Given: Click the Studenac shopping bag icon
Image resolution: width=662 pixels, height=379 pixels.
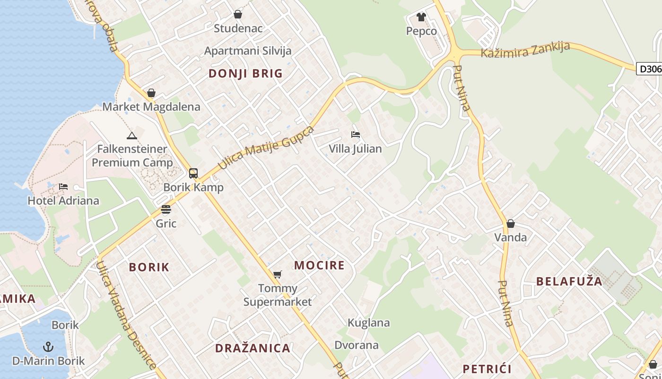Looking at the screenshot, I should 238,15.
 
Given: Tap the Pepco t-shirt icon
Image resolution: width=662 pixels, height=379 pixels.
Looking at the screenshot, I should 421,17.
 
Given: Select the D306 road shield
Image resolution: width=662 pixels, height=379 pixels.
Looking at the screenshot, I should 649,69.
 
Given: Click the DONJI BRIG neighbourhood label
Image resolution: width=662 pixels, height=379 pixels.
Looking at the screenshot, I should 245,73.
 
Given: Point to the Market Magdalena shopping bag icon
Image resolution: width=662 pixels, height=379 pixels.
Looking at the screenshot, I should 151,93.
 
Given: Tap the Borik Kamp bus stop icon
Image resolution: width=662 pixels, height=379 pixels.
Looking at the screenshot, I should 193,173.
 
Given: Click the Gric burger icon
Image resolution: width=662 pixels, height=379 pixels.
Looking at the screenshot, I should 166,209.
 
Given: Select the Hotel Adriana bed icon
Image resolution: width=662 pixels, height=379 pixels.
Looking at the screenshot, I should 63,187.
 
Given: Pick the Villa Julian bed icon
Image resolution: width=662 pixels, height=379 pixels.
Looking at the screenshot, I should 356,135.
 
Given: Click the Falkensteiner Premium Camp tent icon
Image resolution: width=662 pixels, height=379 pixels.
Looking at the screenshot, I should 132,136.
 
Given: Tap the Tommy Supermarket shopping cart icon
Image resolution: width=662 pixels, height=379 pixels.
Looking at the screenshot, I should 278,274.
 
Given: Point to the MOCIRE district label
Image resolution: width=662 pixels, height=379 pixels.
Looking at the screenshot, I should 320,265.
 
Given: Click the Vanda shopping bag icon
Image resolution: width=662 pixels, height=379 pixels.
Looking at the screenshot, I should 511,224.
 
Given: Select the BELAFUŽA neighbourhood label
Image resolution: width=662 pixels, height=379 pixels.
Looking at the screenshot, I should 569,281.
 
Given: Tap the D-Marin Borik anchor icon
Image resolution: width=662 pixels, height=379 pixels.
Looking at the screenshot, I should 48,347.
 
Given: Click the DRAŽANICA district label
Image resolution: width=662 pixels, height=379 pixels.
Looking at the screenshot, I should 253,348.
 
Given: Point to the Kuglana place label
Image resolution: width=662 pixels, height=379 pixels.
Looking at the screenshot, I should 369,323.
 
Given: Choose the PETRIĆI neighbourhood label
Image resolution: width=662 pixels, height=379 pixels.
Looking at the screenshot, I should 487,369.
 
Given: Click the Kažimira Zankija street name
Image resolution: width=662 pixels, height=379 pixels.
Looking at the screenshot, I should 525,50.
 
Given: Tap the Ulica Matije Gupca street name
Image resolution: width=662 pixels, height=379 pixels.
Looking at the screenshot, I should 266,148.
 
